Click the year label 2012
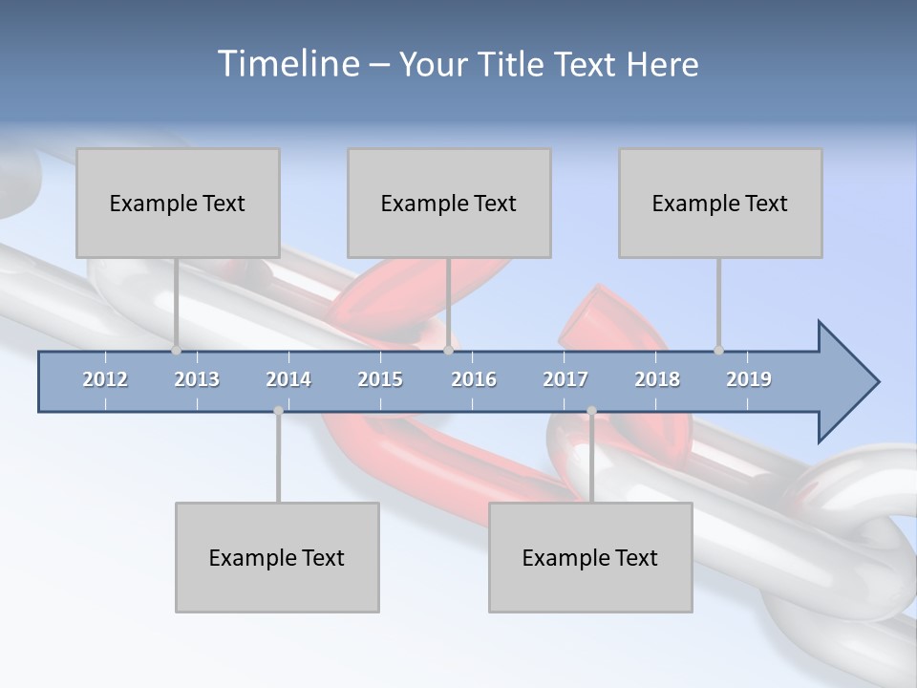point(105,379)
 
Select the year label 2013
point(197,379)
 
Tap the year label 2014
point(288,379)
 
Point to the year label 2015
point(380,379)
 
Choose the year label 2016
point(474,379)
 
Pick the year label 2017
point(565,379)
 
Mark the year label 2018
point(657,379)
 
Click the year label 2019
point(749,379)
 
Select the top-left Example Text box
point(178,203)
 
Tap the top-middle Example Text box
point(449,203)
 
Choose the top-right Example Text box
point(720,203)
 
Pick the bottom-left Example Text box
point(277,557)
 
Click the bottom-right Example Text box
point(590,557)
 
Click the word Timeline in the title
point(287,63)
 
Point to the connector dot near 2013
point(176,350)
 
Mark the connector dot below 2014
point(278,411)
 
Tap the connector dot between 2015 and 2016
point(448,350)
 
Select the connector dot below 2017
point(591,411)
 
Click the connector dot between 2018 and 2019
point(718,350)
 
